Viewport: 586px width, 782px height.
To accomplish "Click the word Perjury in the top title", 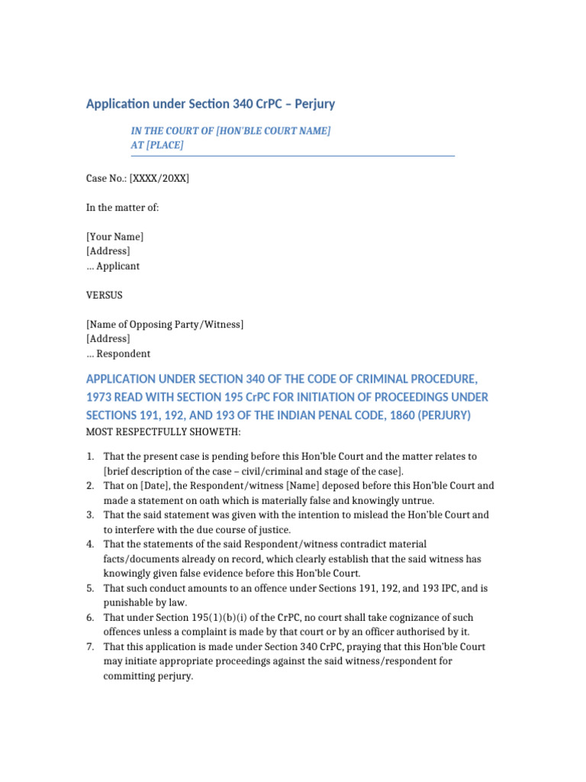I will pos(312,103).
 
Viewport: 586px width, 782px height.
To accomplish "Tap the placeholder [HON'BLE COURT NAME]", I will pos(273,131).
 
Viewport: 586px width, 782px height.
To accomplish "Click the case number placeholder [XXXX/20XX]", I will pos(159,179).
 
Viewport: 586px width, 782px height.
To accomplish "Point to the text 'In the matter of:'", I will pos(122,208).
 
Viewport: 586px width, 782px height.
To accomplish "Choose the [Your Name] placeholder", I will pos(114,237).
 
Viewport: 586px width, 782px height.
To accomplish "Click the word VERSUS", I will pos(104,295).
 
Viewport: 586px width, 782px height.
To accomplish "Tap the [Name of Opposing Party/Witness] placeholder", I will pos(165,325).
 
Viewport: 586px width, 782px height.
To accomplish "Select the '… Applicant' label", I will pos(113,267).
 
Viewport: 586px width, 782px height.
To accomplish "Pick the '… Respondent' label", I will pos(118,354).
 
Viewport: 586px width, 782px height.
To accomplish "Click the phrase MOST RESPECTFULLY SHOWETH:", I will pos(163,433).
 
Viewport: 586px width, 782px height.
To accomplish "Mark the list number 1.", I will pos(89,457).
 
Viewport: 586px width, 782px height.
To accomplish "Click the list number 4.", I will pos(89,544).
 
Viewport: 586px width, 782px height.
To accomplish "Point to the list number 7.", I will pos(89,646).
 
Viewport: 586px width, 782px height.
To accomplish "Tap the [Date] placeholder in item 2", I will pos(155,486).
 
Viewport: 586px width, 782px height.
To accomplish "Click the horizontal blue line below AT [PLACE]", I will pos(293,156).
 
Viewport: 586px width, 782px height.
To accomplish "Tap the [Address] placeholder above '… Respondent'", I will pos(108,339).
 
